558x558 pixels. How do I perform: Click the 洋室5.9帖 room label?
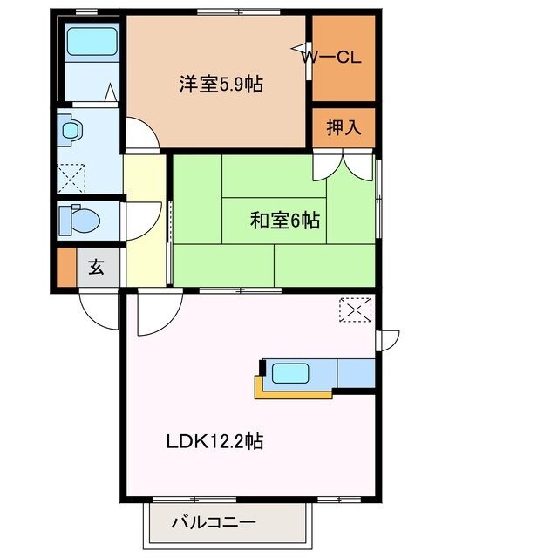221,85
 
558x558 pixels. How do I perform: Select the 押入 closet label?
343,128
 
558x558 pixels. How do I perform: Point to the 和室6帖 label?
284,221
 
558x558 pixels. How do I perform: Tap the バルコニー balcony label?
213,524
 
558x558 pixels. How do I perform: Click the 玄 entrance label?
97,268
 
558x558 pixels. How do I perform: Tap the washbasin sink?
71,131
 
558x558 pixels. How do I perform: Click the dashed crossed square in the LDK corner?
355,310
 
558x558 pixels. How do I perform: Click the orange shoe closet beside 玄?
66,268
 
